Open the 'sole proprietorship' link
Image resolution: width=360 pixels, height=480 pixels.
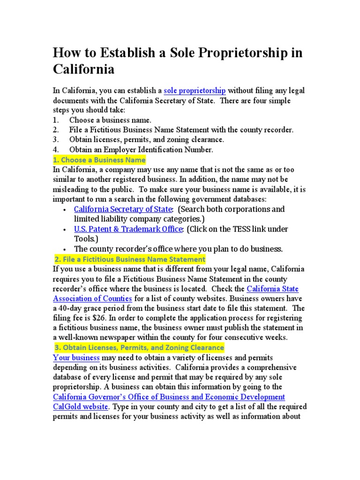click(195, 90)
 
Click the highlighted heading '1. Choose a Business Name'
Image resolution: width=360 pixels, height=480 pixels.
click(99, 160)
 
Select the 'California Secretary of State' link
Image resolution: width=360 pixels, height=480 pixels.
click(123, 209)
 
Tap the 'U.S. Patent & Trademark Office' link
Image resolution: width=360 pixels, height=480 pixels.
click(128, 229)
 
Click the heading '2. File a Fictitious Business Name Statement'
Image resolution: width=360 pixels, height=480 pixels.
click(130, 259)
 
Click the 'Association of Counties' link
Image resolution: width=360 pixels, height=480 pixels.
click(93, 299)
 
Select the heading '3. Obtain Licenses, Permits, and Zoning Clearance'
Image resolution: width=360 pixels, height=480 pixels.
click(139, 348)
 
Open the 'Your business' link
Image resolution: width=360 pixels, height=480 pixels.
click(76, 358)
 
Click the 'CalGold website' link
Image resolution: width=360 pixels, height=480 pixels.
click(81, 406)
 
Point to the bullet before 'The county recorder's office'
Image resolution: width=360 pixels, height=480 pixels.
click(63, 249)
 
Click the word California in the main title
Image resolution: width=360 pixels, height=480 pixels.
click(83, 70)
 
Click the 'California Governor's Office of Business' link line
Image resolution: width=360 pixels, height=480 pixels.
click(169, 397)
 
